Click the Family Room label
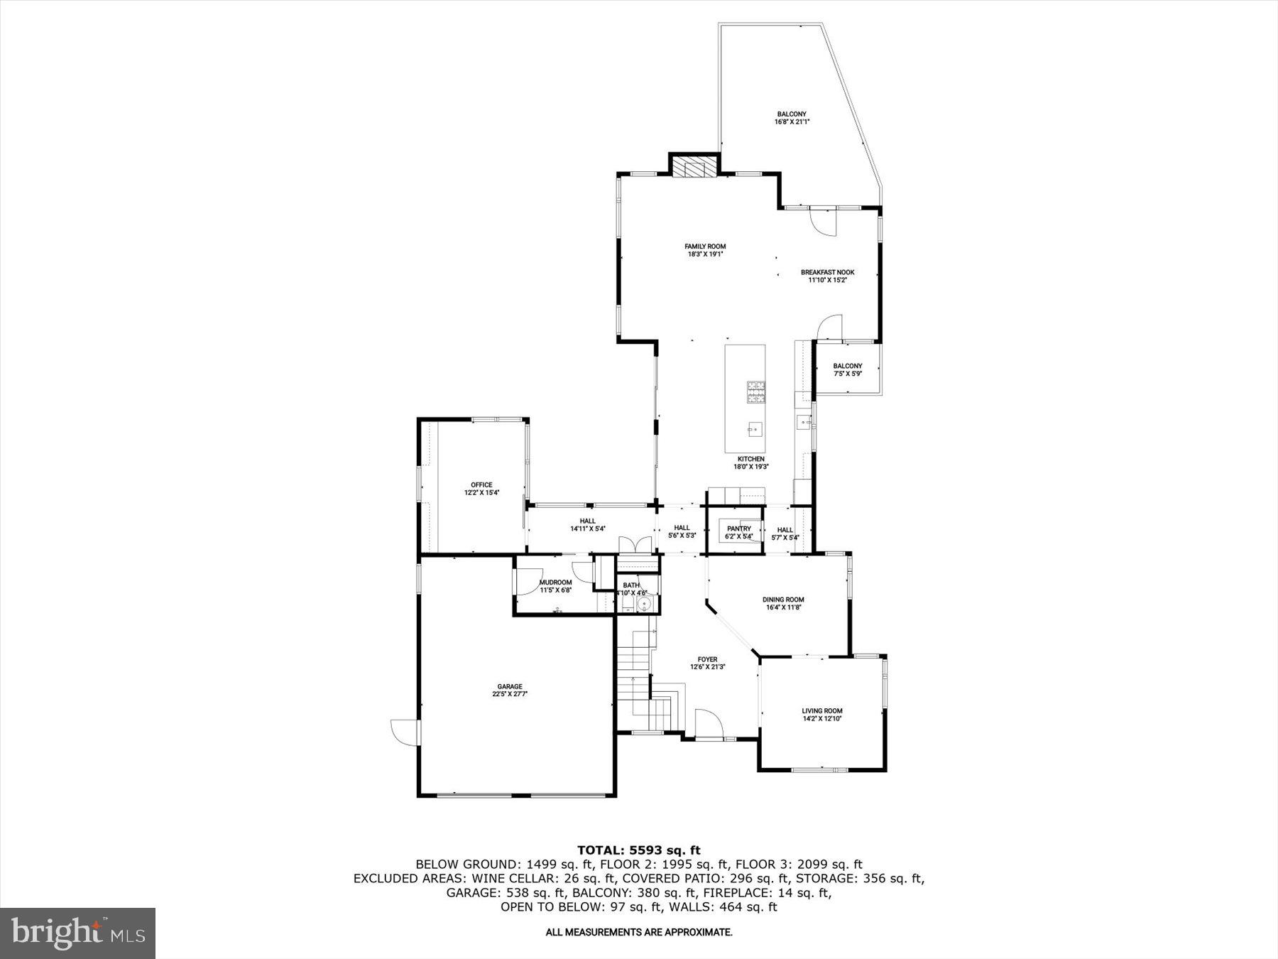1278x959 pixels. click(x=705, y=246)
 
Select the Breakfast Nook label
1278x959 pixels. click(x=827, y=272)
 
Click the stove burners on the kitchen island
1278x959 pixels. click(x=755, y=391)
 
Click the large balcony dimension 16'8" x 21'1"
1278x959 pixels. click(x=792, y=122)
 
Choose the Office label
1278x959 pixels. click(x=481, y=484)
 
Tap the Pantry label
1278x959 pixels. click(x=738, y=529)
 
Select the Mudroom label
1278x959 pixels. click(x=555, y=582)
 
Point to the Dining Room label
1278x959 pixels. click(x=783, y=600)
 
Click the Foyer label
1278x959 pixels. click(x=707, y=659)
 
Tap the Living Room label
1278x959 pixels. click(x=822, y=710)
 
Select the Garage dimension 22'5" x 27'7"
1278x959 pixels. click(x=510, y=695)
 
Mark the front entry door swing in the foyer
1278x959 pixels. click(x=708, y=725)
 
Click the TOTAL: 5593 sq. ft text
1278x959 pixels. click(x=638, y=850)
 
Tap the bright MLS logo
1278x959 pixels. click(x=78, y=933)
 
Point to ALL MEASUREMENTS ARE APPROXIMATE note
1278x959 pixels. click(x=638, y=932)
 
